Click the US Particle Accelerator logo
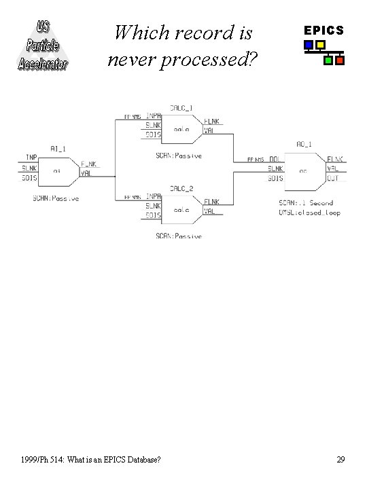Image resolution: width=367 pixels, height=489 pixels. click(42, 45)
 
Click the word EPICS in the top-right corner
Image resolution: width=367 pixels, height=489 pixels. click(324, 31)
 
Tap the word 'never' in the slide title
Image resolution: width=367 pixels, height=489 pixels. click(132, 60)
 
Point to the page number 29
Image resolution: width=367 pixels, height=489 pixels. click(340, 460)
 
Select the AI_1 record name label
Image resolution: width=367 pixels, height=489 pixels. click(58, 149)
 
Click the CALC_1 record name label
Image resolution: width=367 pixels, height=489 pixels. click(181, 108)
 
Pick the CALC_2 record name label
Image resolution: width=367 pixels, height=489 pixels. click(181, 188)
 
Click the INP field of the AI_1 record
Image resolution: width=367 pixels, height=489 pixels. click(31, 158)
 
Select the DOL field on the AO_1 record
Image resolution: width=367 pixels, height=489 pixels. click(275, 159)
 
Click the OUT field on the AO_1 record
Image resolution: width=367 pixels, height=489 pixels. click(332, 178)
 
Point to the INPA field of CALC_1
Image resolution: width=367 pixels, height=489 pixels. click(153, 116)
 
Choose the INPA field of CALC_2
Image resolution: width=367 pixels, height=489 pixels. click(153, 197)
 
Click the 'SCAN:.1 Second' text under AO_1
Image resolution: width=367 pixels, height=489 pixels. click(307, 203)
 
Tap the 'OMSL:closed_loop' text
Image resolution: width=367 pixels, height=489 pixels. click(309, 213)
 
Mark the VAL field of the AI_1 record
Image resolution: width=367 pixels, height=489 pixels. click(86, 173)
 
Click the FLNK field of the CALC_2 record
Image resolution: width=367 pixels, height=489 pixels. click(211, 202)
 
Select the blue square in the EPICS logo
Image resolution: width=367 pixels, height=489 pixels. click(309, 46)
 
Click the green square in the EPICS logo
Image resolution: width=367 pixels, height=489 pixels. click(329, 60)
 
